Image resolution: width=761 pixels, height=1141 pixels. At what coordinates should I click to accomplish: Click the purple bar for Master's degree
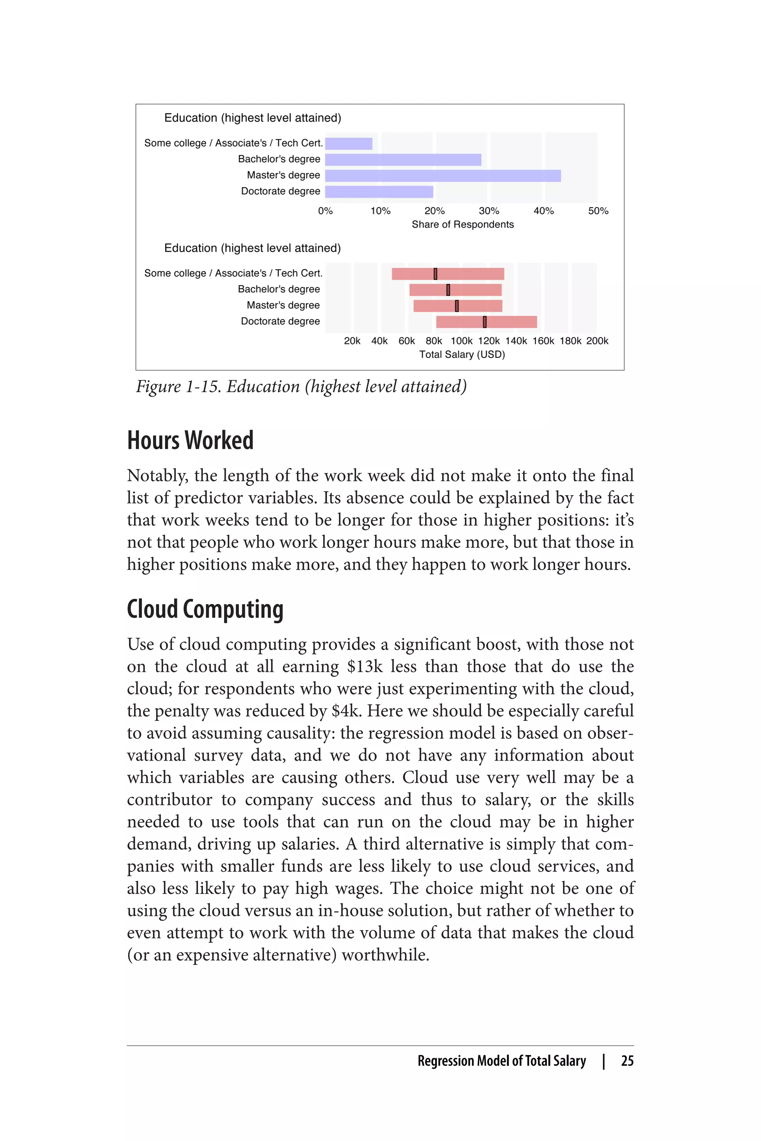tap(443, 176)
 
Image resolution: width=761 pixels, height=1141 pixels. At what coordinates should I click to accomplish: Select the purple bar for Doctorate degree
tap(379, 192)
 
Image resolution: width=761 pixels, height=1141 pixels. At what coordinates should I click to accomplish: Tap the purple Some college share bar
tap(349, 144)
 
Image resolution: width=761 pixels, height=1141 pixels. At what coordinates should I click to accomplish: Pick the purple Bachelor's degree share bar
tap(403, 160)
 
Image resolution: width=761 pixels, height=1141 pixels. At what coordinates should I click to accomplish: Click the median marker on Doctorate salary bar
tap(485, 322)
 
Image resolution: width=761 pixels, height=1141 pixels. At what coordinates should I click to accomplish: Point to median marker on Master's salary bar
tap(457, 306)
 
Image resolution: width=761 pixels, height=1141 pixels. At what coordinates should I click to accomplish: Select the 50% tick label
tap(598, 211)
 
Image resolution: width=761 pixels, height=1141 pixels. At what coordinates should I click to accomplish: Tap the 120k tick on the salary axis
tap(489, 341)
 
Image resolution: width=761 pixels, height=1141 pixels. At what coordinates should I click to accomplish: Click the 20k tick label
tap(352, 341)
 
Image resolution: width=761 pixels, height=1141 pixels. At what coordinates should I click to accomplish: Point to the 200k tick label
tap(597, 341)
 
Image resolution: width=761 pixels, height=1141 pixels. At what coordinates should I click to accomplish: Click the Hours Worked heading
tap(190, 441)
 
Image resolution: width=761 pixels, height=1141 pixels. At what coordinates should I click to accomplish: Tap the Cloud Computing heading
tap(205, 609)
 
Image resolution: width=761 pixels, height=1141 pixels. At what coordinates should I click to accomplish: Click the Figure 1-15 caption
tap(301, 387)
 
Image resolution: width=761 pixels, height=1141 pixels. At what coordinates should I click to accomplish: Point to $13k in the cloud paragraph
tap(365, 667)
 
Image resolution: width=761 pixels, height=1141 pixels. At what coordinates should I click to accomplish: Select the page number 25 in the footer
tap(627, 1061)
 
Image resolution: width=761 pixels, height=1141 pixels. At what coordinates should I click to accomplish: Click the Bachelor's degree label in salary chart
tap(279, 289)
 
